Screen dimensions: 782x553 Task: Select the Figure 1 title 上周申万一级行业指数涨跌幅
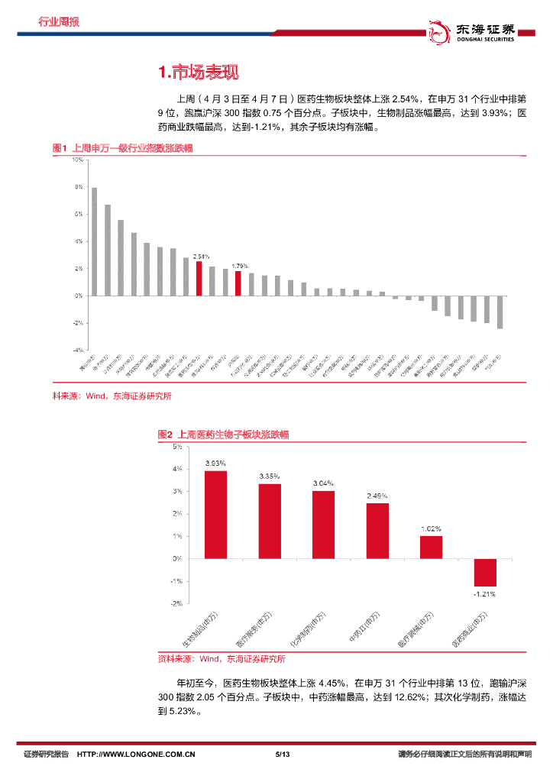tap(122, 148)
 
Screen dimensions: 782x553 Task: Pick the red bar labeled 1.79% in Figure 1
tap(238, 283)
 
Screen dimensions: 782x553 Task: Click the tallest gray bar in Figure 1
tap(94, 241)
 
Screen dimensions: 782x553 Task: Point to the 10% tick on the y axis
tap(78, 160)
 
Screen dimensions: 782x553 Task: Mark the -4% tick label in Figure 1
tap(77, 350)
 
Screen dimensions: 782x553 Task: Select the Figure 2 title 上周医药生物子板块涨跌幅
tap(223, 434)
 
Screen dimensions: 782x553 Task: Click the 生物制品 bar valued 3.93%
tap(215, 515)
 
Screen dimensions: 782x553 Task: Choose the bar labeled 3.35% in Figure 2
tap(270, 521)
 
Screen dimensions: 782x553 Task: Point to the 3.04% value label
tap(323, 483)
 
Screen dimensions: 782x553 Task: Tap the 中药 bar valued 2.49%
tap(377, 531)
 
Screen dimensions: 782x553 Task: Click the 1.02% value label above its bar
tap(431, 528)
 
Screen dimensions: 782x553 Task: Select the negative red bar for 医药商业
tap(485, 572)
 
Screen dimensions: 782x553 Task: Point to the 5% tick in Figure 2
tap(176, 446)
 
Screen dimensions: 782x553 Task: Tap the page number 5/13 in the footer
tap(281, 755)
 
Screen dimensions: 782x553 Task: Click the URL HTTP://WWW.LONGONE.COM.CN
tap(137, 755)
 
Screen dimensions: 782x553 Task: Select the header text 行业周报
tap(58, 21)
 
